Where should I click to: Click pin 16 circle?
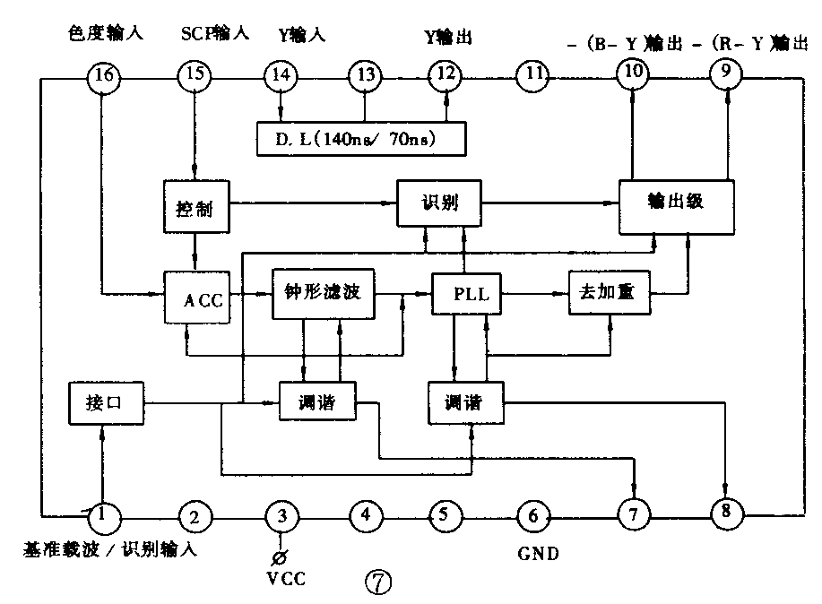[103, 77]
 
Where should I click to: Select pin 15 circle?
[192, 77]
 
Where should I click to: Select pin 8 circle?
[724, 513]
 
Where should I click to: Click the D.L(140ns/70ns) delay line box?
[362, 138]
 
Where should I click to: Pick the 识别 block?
[439, 203]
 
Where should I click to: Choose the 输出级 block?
[677, 203]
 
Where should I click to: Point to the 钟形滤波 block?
[322, 292]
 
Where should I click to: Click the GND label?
[538, 554]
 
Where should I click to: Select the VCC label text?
[286, 578]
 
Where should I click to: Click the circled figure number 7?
[377, 584]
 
